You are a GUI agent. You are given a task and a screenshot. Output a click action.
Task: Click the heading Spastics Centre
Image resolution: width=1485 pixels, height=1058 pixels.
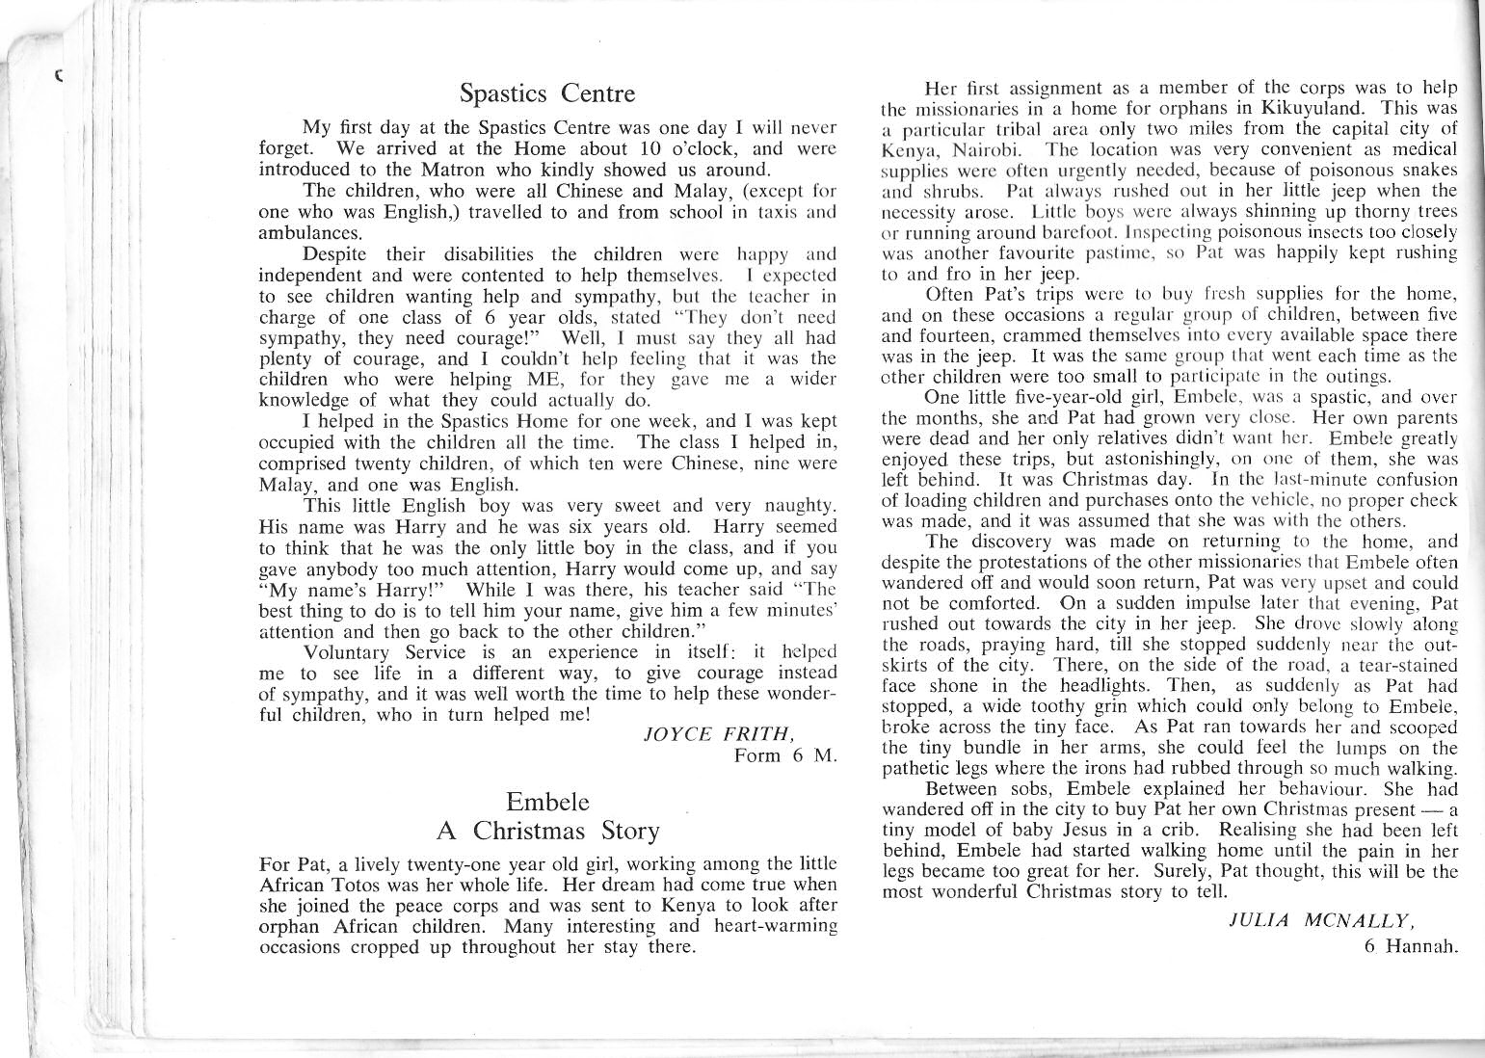[547, 93]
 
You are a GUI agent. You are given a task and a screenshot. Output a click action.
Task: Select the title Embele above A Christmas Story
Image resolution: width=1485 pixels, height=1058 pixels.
[546, 802]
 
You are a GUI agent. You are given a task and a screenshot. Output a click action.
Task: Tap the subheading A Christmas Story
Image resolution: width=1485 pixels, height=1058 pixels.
[547, 831]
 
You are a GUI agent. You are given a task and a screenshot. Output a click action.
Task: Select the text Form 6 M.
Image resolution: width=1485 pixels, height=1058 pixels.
[784, 755]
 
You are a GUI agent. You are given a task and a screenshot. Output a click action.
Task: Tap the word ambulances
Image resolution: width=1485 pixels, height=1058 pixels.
[304, 233]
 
